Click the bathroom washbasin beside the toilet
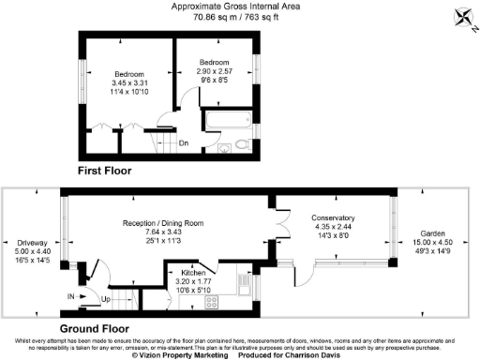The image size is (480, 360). [225, 147]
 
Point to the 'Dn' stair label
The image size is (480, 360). [185, 142]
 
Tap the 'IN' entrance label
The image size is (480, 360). [71, 295]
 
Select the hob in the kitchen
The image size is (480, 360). [212, 301]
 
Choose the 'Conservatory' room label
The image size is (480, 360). [334, 217]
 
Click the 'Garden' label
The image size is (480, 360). [433, 232]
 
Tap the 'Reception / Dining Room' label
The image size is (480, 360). [163, 222]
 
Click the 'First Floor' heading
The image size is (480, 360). [105, 172]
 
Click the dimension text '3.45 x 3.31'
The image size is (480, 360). [130, 82]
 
